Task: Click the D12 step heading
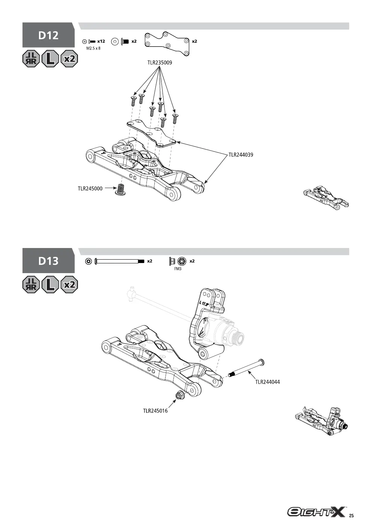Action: tap(48, 35)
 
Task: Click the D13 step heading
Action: tap(48, 261)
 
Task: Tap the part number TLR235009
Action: tap(160, 63)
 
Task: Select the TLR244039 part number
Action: tap(241, 155)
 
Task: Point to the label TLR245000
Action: tap(90, 188)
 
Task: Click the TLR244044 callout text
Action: tap(267, 382)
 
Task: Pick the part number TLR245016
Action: tap(155, 411)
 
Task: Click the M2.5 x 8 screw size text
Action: tap(93, 48)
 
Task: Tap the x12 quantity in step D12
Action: tap(101, 41)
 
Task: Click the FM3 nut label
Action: tap(178, 269)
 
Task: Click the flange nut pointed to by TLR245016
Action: tap(180, 396)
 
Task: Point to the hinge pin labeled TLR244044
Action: tap(247, 368)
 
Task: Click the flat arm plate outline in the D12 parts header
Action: tap(167, 44)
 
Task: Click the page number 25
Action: tap(351, 516)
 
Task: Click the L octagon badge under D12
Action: tap(50, 59)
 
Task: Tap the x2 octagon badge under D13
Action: tap(69, 285)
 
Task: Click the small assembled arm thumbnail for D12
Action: tap(326, 197)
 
